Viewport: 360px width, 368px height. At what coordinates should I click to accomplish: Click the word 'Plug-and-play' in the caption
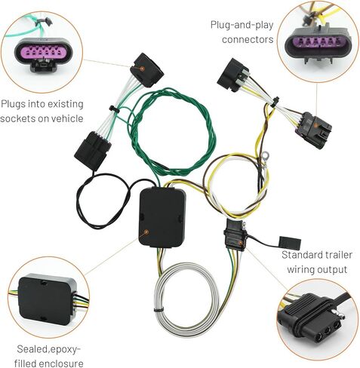tap(242, 26)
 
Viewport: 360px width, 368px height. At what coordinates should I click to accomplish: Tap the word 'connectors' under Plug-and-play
tap(248, 39)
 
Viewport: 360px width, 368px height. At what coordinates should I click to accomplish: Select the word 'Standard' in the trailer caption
tap(300, 255)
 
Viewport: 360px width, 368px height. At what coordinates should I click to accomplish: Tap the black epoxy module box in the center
tap(162, 218)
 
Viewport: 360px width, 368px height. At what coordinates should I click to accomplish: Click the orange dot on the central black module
tap(146, 232)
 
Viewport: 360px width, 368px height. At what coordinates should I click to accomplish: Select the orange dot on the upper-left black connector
tap(142, 69)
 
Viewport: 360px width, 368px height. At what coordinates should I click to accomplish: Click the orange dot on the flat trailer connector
tap(241, 243)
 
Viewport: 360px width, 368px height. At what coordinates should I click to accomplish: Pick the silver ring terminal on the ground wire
tap(264, 155)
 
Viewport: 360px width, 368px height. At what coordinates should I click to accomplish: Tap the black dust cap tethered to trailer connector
tap(290, 243)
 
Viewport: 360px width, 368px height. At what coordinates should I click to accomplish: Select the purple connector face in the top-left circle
tap(43, 53)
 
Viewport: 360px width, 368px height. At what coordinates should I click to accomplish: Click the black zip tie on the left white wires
tap(112, 109)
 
